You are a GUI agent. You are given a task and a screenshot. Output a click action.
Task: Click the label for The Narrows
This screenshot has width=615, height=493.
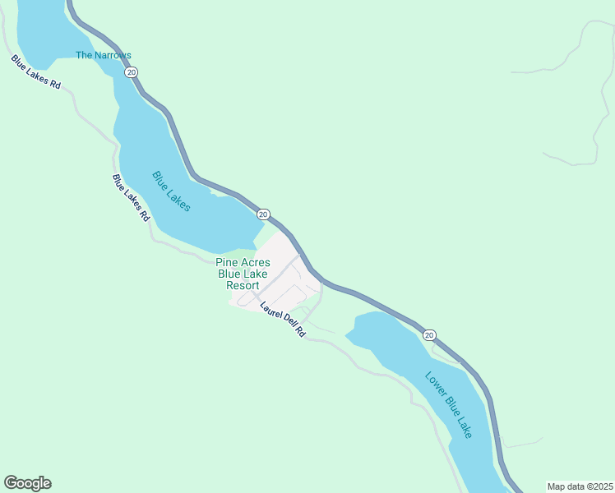coord(104,55)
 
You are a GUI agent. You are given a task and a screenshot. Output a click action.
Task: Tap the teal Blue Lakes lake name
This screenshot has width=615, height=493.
coord(172,191)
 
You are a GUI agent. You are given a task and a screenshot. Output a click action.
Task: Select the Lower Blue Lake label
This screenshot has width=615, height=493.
coord(449,404)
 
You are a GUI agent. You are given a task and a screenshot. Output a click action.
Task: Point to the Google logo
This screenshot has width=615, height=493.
coord(27,483)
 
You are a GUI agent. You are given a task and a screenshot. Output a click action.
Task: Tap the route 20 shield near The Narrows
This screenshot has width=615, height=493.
coord(131,72)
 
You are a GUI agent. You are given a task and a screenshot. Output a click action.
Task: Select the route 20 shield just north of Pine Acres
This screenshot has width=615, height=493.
coord(262,214)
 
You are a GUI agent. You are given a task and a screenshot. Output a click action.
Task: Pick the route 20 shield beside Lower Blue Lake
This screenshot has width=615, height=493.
coord(429,334)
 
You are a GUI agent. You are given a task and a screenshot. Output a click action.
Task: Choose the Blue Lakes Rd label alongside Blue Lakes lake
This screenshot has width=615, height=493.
coord(132,198)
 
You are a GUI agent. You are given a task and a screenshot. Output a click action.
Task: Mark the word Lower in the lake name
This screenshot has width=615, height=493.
coord(434,385)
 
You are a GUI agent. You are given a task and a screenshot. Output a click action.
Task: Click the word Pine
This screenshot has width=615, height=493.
coord(226,263)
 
